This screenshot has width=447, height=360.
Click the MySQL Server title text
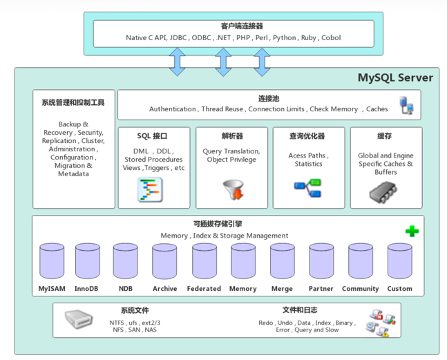(x=395, y=77)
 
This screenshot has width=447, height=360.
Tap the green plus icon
(x=412, y=231)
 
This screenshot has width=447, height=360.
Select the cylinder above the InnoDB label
(x=88, y=260)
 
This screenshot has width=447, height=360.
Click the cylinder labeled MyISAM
(x=52, y=260)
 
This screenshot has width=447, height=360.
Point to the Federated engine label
(x=204, y=289)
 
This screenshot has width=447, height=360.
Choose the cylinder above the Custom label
(x=400, y=260)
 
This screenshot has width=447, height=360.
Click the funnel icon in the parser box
(x=234, y=189)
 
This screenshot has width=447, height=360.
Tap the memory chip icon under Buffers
(x=383, y=192)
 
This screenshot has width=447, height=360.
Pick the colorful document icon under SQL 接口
(x=150, y=189)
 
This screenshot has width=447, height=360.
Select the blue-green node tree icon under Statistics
(x=308, y=188)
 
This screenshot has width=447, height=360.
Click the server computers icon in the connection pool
(x=406, y=105)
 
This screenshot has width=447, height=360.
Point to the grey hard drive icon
(x=79, y=319)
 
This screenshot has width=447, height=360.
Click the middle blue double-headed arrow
(x=223, y=62)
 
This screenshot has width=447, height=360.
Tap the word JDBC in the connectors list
(x=178, y=37)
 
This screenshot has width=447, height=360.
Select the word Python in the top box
(x=284, y=38)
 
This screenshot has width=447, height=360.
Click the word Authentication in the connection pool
(x=173, y=109)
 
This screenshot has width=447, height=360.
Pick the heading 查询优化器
(x=307, y=136)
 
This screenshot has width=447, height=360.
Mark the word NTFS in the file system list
(x=117, y=323)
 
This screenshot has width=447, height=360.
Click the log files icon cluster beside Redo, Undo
(x=381, y=323)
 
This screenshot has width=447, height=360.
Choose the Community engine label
(x=361, y=289)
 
